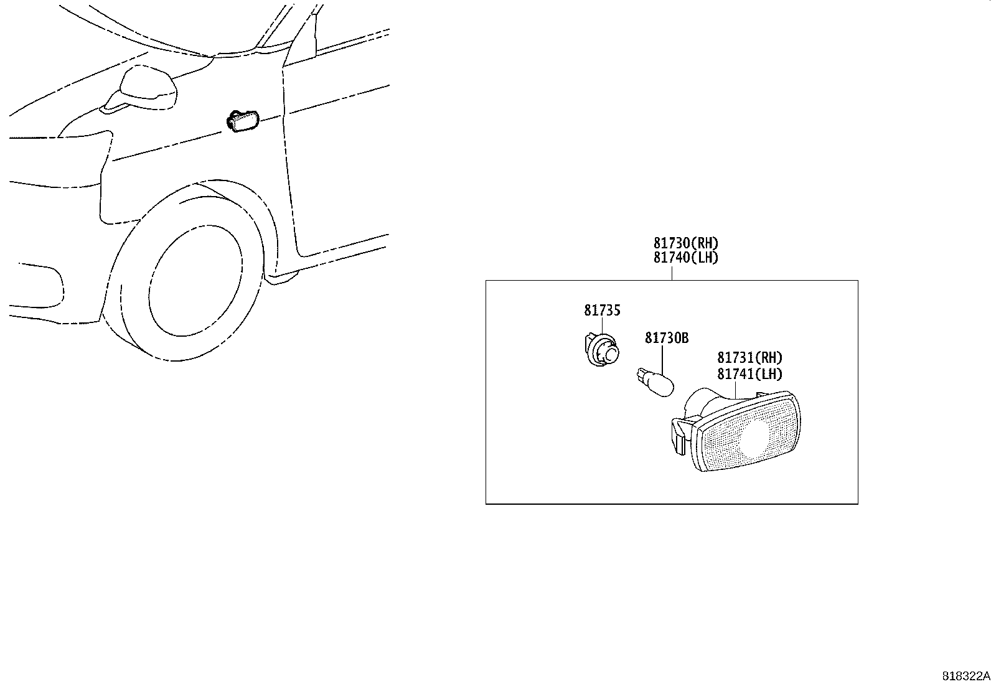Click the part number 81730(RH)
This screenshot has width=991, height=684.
[x=686, y=243]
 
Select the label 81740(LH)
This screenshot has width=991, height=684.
[x=686, y=258]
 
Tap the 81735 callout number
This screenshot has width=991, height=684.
[x=602, y=310]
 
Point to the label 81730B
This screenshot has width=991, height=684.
[x=667, y=338]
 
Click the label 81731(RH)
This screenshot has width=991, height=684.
[x=749, y=357]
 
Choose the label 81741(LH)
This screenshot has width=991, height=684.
[x=749, y=374]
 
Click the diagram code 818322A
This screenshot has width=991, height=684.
[x=965, y=676]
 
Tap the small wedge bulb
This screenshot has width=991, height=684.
[x=655, y=382]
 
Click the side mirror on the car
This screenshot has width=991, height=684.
[x=141, y=91]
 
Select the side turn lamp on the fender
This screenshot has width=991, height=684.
[x=243, y=121]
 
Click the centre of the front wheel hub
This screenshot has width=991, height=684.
[x=195, y=281]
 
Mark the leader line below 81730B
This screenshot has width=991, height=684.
[x=662, y=360]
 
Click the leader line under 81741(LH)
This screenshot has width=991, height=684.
[x=735, y=390]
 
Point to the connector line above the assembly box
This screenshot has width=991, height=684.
[x=672, y=273]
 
